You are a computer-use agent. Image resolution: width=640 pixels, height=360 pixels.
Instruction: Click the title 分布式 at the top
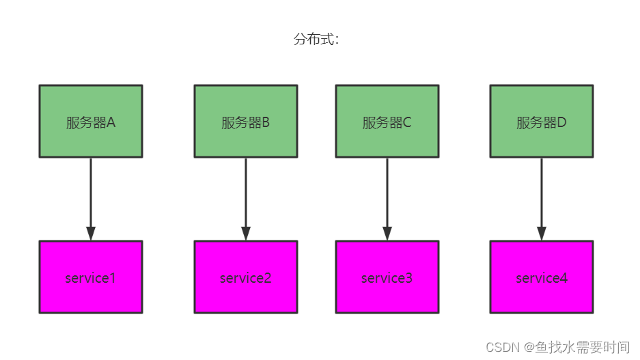coord(316,40)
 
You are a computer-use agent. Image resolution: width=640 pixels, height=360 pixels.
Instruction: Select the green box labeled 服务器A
coord(91,121)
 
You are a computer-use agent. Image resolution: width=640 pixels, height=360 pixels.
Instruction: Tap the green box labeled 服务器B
coord(246,121)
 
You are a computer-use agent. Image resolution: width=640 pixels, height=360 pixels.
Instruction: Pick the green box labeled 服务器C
coord(387,121)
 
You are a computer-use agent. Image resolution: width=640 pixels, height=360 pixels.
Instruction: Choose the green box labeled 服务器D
coord(542,121)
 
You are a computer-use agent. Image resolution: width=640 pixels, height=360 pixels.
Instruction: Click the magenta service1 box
coord(91,277)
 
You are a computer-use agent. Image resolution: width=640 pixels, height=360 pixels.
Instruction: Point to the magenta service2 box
coord(246,277)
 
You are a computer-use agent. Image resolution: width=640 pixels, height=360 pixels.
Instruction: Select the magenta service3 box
coord(387,277)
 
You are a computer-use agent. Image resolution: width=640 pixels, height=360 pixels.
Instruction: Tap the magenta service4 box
coord(542,277)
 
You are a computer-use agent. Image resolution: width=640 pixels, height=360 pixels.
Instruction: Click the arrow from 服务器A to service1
coord(91,195)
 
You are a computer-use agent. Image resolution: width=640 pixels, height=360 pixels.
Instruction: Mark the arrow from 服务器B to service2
coord(246,195)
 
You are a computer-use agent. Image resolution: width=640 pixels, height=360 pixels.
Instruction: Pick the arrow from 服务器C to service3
coord(387,195)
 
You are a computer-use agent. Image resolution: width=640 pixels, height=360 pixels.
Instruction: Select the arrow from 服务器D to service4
coord(542,195)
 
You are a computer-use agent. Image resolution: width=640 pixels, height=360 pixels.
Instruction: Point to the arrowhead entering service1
coord(91,233)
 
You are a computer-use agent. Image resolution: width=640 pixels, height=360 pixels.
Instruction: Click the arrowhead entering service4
coord(542,233)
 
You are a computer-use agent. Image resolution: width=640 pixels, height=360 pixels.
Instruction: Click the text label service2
coord(246,278)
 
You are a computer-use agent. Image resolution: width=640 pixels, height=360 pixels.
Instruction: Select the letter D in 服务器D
coord(562,123)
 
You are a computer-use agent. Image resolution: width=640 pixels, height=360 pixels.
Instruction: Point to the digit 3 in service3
coord(409,278)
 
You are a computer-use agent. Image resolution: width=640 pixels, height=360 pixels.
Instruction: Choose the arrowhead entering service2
coord(246,233)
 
